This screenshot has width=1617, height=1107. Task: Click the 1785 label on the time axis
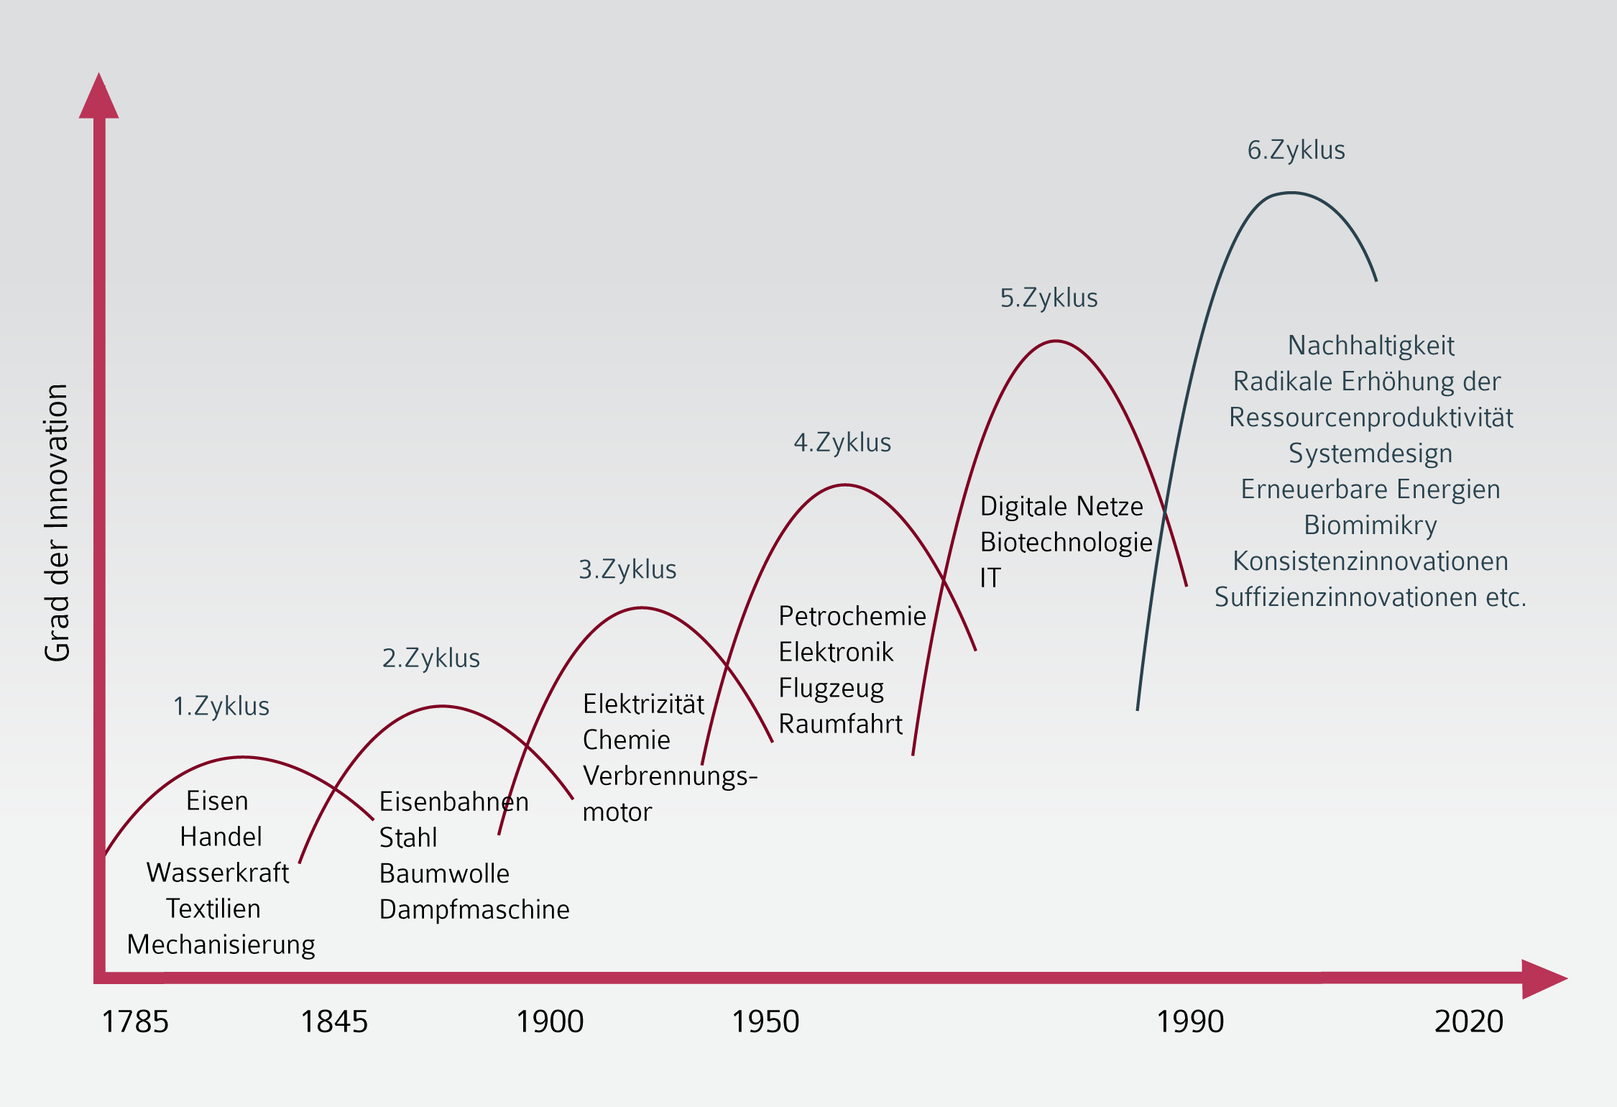(x=135, y=1021)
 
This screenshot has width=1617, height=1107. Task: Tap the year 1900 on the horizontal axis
(x=550, y=1021)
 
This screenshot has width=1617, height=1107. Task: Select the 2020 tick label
(x=1468, y=1021)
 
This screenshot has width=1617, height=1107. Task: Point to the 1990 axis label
(x=1189, y=1021)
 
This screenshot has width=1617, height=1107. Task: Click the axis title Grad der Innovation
(x=57, y=522)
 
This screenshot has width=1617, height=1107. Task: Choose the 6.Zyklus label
(x=1296, y=150)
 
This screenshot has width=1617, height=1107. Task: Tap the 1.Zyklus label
(x=221, y=707)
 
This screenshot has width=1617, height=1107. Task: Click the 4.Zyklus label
(x=842, y=443)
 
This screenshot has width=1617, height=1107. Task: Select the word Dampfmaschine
(x=474, y=910)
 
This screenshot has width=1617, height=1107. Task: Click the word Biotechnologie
(x=1066, y=543)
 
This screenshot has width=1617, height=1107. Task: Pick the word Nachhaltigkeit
(x=1370, y=346)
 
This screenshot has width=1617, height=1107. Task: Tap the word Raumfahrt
(x=840, y=724)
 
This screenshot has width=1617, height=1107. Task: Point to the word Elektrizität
(x=643, y=704)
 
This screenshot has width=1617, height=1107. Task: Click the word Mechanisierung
(x=221, y=945)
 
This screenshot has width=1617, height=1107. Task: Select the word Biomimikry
(x=1370, y=525)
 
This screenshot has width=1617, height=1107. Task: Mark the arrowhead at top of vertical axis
(x=99, y=97)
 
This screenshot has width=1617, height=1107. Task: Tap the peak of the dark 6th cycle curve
(x=1291, y=193)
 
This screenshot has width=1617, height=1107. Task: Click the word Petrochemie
(x=852, y=616)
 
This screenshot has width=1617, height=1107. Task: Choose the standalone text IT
(x=990, y=578)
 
